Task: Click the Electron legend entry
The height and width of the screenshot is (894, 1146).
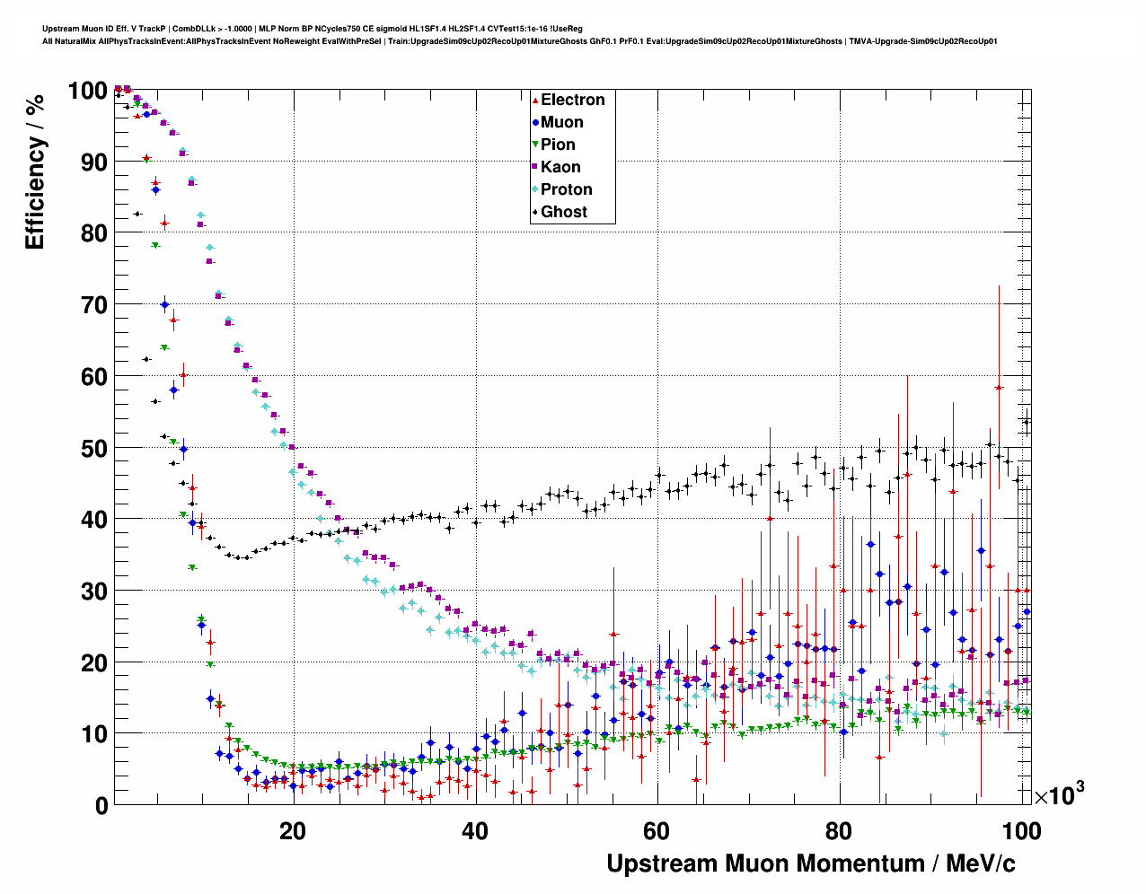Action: click(572, 100)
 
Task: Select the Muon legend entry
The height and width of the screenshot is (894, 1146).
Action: click(561, 122)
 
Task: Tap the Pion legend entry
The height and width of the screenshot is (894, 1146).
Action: click(558, 145)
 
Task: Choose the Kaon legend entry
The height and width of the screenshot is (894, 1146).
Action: click(560, 167)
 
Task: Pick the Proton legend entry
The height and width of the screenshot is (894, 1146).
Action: click(566, 189)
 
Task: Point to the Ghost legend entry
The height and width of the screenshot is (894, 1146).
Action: click(563, 212)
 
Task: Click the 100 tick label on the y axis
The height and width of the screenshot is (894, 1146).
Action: click(87, 91)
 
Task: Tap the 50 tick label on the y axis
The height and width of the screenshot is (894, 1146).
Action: click(94, 448)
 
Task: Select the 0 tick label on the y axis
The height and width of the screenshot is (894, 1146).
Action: click(101, 805)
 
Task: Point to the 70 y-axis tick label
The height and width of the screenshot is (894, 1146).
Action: click(94, 305)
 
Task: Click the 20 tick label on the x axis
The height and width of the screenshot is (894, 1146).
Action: click(293, 831)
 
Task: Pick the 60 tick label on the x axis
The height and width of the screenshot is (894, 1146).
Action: click(657, 831)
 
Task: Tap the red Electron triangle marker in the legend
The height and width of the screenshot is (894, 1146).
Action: click(535, 100)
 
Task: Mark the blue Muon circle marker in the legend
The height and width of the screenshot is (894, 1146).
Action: click(535, 122)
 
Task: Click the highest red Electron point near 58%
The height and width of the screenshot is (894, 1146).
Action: click(999, 387)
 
